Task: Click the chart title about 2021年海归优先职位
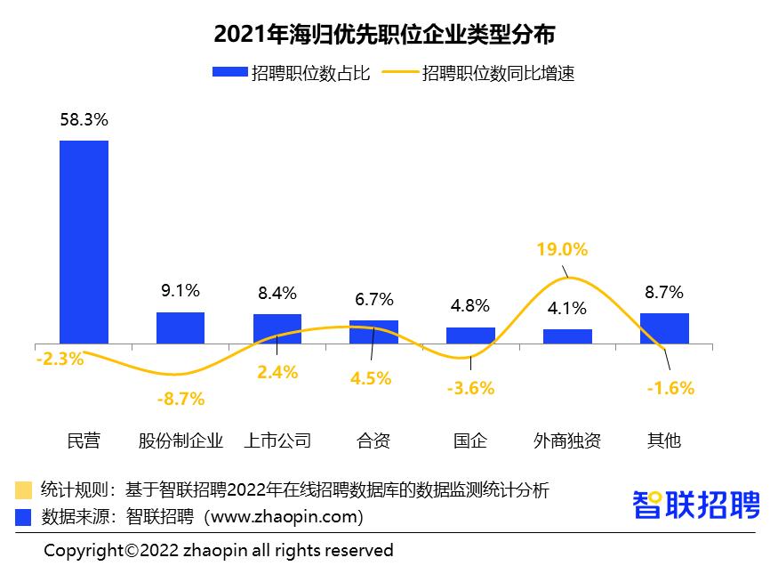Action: click(x=384, y=35)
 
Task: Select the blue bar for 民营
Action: click(x=84, y=241)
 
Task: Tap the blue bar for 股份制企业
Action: click(x=180, y=327)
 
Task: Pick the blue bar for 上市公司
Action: click(x=277, y=328)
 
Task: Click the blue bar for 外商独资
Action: click(x=567, y=336)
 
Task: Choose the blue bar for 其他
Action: click(x=664, y=327)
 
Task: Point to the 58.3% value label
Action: click(x=84, y=119)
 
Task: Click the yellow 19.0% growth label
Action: click(x=562, y=249)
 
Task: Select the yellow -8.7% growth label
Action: click(x=180, y=400)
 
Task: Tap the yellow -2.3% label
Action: click(x=60, y=360)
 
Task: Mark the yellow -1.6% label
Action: click(x=670, y=388)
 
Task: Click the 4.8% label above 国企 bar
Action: click(x=470, y=305)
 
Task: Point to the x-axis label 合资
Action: click(x=373, y=441)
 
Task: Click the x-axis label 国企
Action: click(x=470, y=441)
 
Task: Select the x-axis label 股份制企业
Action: click(x=180, y=441)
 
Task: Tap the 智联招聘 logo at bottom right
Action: click(x=696, y=505)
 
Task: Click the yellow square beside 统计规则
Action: click(x=24, y=489)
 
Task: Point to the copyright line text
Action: click(x=219, y=551)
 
